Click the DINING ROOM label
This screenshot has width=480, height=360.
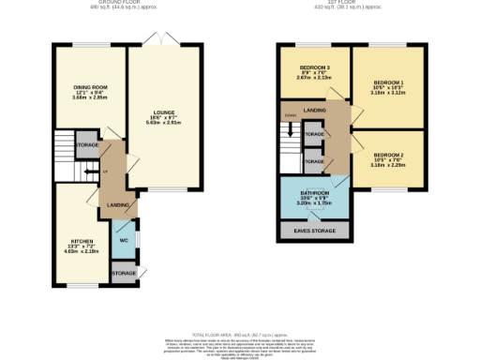[92, 87]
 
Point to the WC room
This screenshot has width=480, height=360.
[124, 240]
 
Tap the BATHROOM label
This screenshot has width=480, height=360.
[314, 191]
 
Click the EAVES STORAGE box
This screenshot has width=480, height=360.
[314, 229]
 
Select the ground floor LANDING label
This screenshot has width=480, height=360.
[117, 204]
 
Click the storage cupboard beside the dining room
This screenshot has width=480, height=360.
[88, 145]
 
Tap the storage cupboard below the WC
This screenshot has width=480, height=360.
[124, 273]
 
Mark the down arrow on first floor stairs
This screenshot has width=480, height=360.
[290, 128]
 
